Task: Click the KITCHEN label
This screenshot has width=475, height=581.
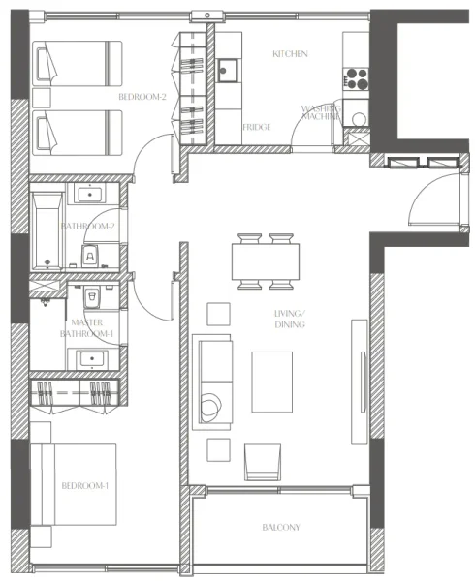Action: [291, 54]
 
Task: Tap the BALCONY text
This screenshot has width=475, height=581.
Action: [281, 528]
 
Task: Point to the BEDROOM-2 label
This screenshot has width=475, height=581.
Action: [143, 97]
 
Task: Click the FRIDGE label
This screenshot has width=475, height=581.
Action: [257, 127]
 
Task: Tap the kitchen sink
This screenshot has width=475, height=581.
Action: [229, 71]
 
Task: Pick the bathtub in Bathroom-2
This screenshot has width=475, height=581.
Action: [46, 230]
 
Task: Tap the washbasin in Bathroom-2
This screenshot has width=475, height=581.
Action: [92, 195]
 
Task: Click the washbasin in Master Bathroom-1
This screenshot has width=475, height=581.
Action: [93, 359]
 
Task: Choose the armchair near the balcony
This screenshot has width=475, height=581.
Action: [263, 461]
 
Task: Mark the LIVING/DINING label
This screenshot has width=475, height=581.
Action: [290, 319]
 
